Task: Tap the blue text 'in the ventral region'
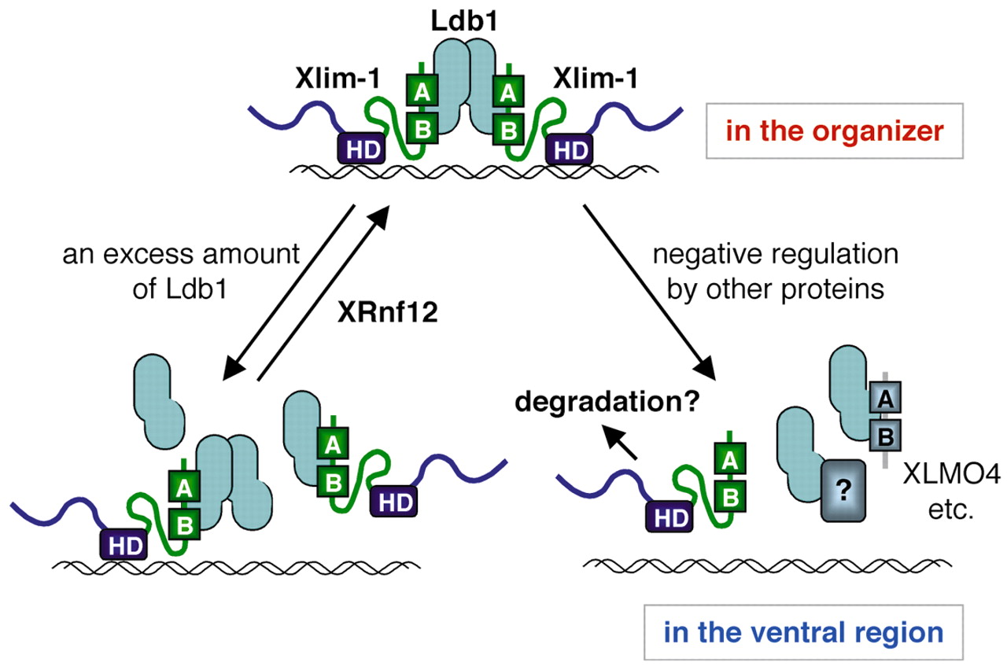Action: coord(802,633)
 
